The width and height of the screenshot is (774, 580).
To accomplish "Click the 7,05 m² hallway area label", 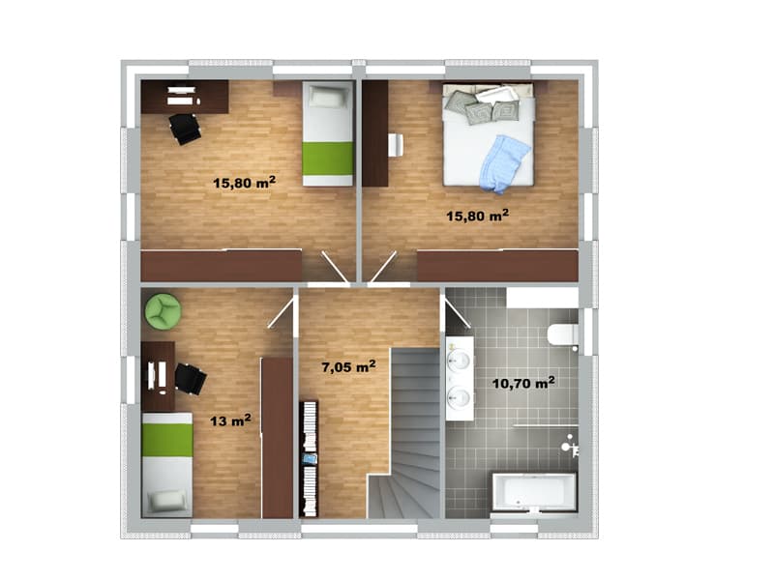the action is tap(348, 366).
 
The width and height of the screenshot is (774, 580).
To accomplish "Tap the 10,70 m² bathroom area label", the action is tap(523, 383).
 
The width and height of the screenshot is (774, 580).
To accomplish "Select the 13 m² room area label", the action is tap(230, 420).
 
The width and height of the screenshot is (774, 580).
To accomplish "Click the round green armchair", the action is tap(163, 310).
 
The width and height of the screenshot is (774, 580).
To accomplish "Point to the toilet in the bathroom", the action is tap(563, 334).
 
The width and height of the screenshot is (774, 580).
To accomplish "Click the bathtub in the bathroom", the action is tap(534, 492).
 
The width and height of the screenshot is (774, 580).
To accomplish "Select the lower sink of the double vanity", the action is tap(459, 395).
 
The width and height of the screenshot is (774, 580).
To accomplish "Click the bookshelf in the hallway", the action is tap(309, 458).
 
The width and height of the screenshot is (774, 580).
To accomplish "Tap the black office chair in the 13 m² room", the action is tap(190, 379).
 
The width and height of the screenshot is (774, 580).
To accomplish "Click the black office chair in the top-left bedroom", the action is tap(185, 129).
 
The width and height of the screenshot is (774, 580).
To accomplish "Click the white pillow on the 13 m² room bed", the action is tap(168, 501).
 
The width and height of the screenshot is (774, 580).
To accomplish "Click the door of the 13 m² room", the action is tap(281, 312).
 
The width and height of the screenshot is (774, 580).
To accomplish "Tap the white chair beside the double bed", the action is tap(396, 145).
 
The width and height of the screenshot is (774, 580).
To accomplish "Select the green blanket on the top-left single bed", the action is tap(328, 159).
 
